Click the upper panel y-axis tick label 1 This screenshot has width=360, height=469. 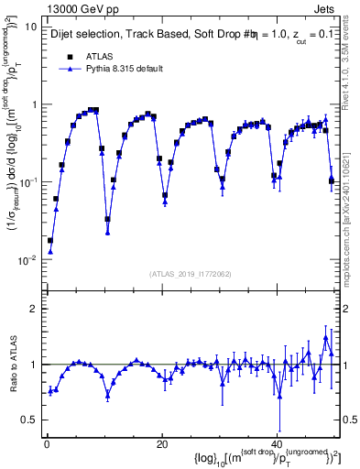point(34,104)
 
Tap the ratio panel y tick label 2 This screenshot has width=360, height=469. point(34,309)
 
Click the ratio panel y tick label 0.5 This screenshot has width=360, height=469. point(29,420)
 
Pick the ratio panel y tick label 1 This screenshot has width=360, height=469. point(34,365)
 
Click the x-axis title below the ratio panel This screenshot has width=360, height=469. point(257,457)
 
